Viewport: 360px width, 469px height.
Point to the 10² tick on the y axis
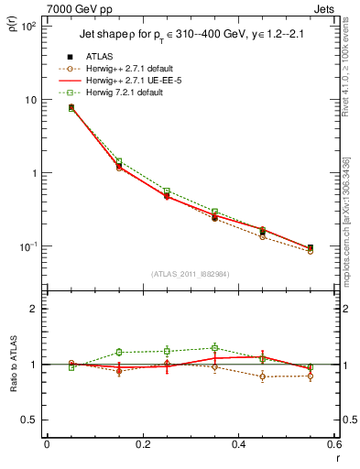29,27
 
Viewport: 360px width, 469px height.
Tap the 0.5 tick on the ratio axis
30,420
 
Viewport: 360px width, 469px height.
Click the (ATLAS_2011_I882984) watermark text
189,274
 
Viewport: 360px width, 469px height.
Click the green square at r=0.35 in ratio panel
214,348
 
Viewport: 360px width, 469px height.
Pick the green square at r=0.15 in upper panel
118,161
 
